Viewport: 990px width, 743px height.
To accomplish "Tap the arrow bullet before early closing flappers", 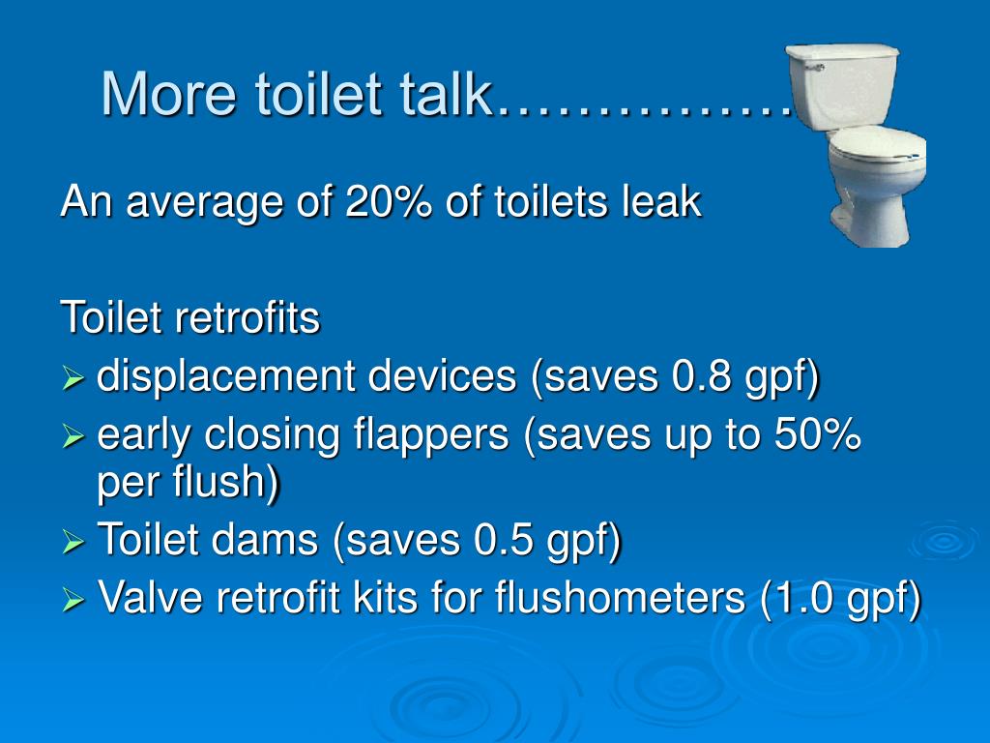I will click(74, 438).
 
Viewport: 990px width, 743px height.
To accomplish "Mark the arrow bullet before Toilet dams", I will click(74, 543).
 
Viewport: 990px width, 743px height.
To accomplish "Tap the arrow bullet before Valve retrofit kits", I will click(74, 602).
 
